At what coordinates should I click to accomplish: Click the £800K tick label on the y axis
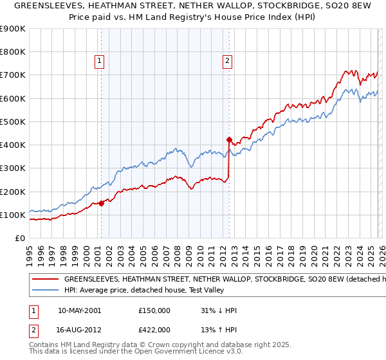(13, 52)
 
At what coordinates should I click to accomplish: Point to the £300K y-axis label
(13, 168)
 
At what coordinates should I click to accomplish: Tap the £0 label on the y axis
(21, 239)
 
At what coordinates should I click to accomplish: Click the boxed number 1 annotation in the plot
(100, 62)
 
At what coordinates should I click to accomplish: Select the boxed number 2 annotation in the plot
(228, 62)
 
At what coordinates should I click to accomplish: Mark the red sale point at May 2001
(101, 203)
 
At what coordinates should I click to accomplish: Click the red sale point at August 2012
(229, 139)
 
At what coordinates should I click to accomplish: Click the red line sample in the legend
(44, 280)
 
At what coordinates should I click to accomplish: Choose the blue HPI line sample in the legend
(44, 291)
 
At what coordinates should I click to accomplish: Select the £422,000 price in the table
(154, 330)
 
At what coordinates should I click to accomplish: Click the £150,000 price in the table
(154, 311)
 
